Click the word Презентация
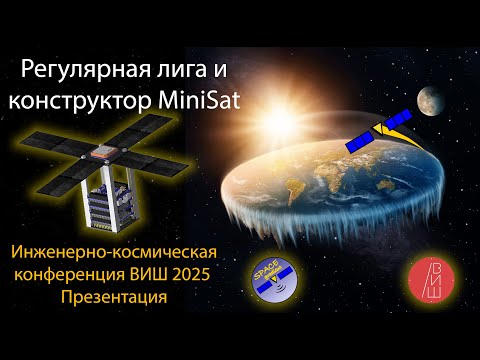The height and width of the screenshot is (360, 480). pyautogui.click(x=104, y=297)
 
